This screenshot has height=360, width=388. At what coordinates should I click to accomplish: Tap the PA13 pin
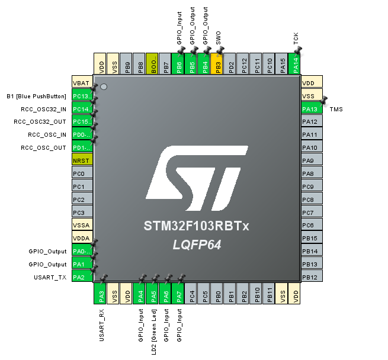click(311, 109)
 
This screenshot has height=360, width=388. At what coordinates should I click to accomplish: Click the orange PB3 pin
click(217, 63)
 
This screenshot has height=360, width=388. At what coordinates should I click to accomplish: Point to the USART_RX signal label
click(101, 325)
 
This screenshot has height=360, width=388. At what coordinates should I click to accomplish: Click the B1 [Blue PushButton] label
click(36, 96)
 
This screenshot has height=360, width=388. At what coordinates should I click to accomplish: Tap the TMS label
click(336, 110)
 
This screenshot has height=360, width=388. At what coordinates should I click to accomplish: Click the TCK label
click(296, 39)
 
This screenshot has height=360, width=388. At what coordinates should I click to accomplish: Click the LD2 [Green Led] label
click(154, 332)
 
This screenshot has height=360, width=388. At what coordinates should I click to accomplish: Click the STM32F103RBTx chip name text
click(197, 227)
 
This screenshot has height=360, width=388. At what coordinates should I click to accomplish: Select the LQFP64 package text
click(197, 245)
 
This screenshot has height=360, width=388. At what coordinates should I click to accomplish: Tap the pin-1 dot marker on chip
click(104, 87)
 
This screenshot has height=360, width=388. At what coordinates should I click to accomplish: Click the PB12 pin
click(311, 277)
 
